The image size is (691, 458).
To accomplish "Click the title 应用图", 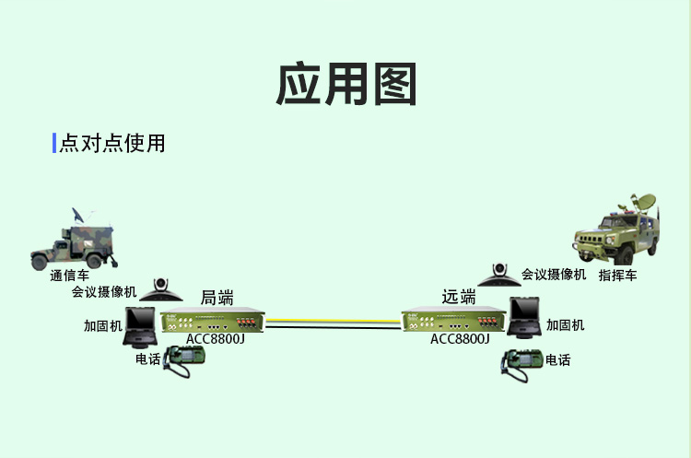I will [345, 84].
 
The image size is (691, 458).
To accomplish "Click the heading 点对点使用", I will [112, 144].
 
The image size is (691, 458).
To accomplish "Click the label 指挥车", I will [617, 275].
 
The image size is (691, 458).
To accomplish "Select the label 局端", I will [217, 298].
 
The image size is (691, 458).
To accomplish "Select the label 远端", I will [459, 297].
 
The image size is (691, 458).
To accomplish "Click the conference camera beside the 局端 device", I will [167, 290].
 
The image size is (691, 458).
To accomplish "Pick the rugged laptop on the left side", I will [143, 323].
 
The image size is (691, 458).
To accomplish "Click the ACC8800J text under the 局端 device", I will [215, 338].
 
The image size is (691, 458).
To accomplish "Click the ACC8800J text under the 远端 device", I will [460, 338].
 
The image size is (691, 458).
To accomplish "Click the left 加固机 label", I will [101, 325].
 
